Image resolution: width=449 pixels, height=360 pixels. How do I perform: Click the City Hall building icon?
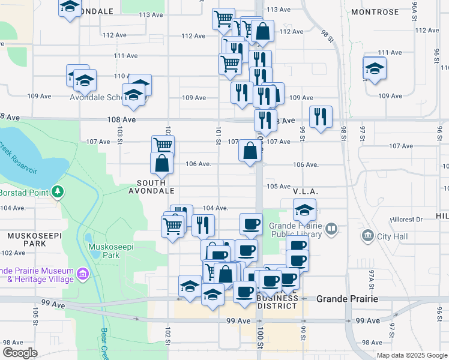[368, 236]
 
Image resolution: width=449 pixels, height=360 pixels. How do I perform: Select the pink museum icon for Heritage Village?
[82, 275]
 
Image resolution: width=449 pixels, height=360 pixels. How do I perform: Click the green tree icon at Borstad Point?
[58, 192]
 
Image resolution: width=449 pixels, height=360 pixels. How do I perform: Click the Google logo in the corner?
[20, 353]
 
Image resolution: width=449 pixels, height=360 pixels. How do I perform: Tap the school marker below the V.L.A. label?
[304, 210]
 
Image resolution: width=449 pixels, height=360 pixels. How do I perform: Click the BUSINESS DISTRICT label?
[277, 302]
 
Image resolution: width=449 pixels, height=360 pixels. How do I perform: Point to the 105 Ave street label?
[279, 187]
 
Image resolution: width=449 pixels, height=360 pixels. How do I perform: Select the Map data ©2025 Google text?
[411, 355]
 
